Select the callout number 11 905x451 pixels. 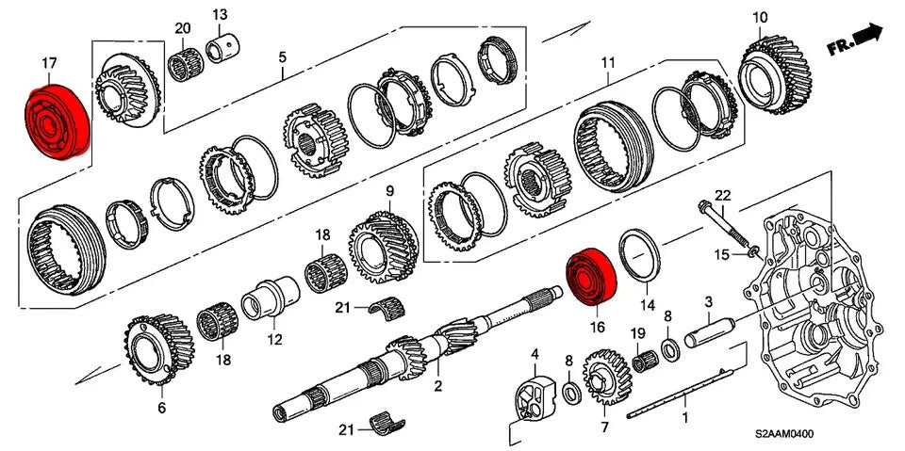tap(608, 64)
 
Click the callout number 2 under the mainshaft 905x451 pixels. tap(437, 385)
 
